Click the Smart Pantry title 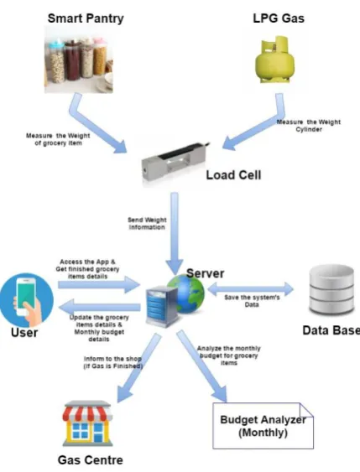86,18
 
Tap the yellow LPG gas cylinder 274,60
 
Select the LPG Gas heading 279,18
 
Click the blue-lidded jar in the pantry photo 56,62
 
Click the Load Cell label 233,175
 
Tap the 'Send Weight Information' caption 147,224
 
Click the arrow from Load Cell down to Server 175,233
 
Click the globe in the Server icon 187,293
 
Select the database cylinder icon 331,289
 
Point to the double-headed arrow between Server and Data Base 250,289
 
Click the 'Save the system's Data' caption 252,301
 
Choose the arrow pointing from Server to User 99,307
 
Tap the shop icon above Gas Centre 87,423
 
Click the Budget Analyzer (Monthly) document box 263,426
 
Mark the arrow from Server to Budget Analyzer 202,366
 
